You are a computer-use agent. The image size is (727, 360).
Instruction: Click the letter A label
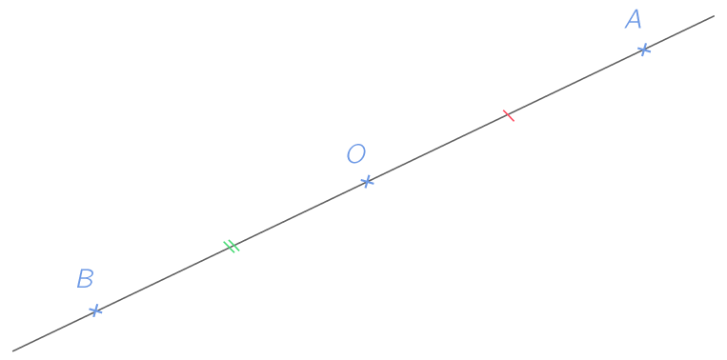pos(634,20)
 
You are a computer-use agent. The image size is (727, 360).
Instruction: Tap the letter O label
pos(355,154)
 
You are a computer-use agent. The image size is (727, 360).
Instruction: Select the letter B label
pos(85,279)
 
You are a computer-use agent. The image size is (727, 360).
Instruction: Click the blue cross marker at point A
pos(644,49)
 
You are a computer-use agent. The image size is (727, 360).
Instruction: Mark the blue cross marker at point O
pos(367,181)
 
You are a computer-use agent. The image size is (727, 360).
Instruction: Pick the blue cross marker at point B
pos(95,310)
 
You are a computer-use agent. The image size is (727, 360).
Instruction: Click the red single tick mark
pos(508,115)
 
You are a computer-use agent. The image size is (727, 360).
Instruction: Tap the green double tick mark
pos(231,247)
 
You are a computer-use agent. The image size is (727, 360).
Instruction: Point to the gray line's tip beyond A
pos(713,16)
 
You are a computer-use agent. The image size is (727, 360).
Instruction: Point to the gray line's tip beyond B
pos(12,350)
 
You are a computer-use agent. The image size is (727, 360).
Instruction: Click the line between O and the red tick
pos(438,148)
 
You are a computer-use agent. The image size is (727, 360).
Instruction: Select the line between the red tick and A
pos(576,82)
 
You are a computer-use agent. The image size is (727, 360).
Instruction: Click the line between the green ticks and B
pos(162,278)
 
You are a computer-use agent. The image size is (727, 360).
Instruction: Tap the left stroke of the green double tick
pos(228,248)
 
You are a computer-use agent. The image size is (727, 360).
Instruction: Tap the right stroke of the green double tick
pos(233,245)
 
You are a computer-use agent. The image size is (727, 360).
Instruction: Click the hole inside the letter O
pos(355,154)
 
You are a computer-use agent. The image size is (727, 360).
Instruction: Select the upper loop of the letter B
pos(86,273)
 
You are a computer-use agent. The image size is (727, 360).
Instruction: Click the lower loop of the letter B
pos(84,284)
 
